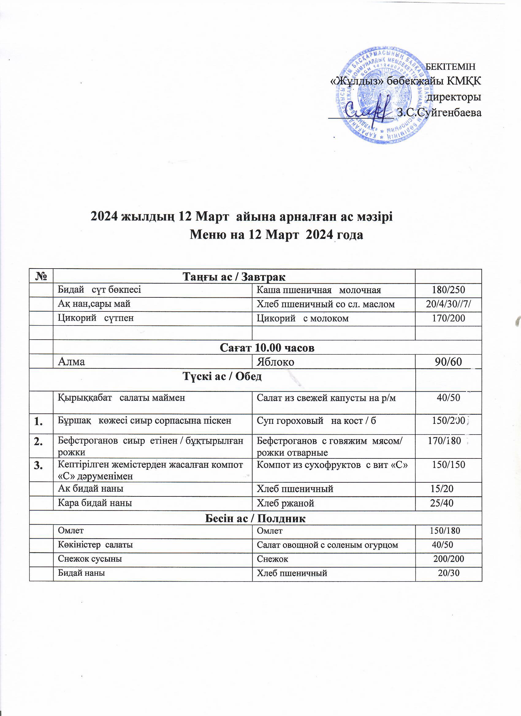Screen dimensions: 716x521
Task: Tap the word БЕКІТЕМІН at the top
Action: click(x=451, y=67)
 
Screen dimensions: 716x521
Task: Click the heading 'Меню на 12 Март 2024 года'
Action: click(x=276, y=235)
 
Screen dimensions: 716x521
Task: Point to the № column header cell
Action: click(x=41, y=277)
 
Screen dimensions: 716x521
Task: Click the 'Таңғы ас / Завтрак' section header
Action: click(x=234, y=277)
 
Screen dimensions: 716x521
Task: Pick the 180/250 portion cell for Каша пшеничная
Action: click(x=448, y=290)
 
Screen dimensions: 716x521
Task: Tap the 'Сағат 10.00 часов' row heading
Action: click(x=267, y=348)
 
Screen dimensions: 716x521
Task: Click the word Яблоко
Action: click(x=275, y=362)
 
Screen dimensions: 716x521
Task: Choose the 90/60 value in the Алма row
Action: click(x=448, y=362)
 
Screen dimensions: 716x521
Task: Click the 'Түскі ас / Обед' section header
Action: click(x=222, y=377)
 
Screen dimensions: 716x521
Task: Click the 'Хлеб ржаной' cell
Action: click(x=285, y=503)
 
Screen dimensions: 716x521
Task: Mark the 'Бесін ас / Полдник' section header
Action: click(x=255, y=518)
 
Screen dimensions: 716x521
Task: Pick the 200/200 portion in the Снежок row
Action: click(x=448, y=559)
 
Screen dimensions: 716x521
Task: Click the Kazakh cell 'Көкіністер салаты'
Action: click(x=95, y=545)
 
